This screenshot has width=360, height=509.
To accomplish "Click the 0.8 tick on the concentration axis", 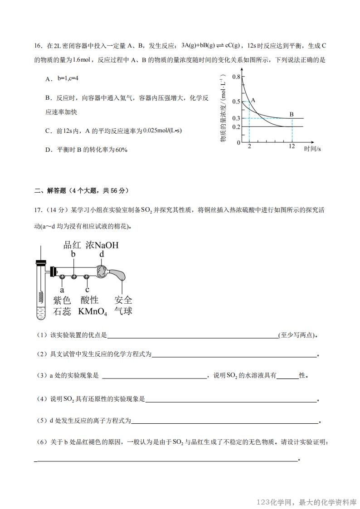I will pos(236,77).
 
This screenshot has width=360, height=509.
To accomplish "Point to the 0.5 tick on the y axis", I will pos(236,102).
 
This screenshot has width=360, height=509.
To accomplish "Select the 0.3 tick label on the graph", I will pos(236,118).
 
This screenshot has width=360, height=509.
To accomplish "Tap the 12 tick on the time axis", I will pos(292,146).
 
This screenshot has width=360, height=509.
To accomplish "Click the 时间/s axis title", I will pos(312,148).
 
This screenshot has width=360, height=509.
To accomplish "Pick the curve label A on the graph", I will pos(253,100).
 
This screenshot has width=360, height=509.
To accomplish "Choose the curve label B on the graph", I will pos(292,114).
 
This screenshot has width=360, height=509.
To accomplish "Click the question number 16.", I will pos(38,46).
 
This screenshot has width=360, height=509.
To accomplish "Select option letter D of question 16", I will pos(48,150).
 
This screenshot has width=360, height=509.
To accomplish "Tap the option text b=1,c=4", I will pos(68,79).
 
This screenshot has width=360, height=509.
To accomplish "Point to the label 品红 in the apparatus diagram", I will pos(72,245).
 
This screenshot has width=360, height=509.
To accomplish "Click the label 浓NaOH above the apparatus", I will pos(102,245).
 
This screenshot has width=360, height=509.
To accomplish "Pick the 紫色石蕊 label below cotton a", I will pos(62,305).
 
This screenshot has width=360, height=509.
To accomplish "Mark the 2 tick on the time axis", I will pos(249,146).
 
